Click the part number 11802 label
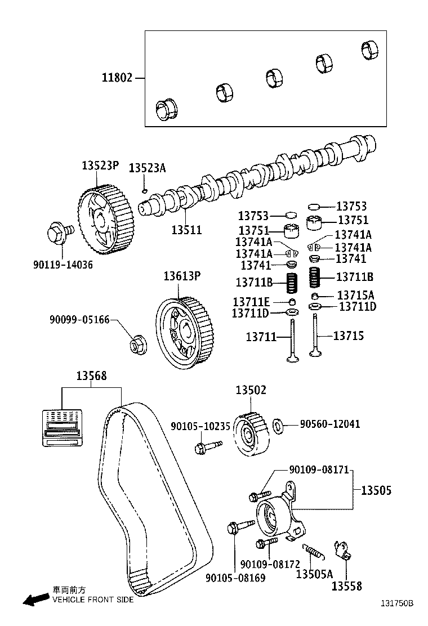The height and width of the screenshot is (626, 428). [117, 78]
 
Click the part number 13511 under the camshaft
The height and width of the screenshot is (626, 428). [186, 230]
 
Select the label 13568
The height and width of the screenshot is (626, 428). [92, 376]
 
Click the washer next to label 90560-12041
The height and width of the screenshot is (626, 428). [278, 426]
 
